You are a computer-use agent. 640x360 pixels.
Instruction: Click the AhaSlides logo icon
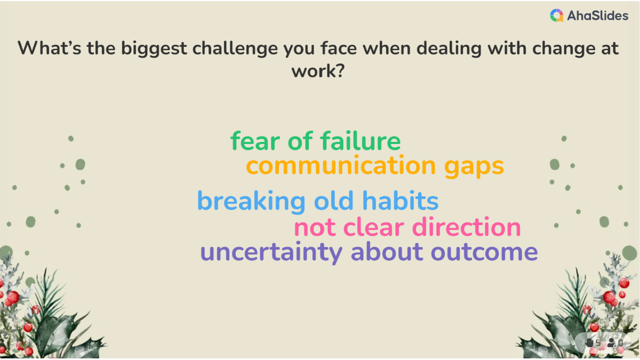click(x=557, y=15)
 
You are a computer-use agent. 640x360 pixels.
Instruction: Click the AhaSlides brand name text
click(x=598, y=15)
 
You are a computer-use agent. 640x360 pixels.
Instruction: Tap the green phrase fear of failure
click(x=316, y=141)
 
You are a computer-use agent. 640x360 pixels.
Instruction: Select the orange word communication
click(x=341, y=166)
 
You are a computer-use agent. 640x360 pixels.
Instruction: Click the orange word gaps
click(x=474, y=167)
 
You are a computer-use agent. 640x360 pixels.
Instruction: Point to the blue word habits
click(x=401, y=201)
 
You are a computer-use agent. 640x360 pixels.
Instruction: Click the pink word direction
click(x=467, y=227)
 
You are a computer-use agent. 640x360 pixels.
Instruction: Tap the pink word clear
click(x=374, y=227)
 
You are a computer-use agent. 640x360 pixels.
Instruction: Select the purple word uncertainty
click(x=271, y=253)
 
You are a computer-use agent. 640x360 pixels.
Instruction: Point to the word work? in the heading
click(x=318, y=71)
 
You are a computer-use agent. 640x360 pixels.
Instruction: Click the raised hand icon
click(x=589, y=342)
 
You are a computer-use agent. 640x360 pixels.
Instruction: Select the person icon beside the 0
click(x=611, y=342)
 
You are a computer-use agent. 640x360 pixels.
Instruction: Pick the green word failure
click(x=361, y=141)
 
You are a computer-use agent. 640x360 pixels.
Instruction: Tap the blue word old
click(x=334, y=201)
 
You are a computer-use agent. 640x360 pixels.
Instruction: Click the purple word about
click(x=387, y=252)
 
